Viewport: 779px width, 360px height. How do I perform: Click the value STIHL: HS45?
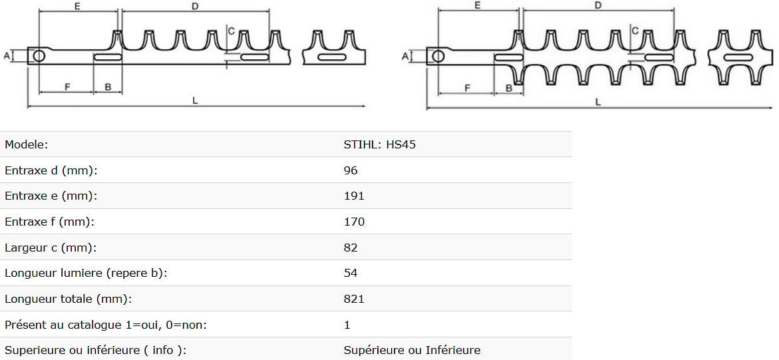380,144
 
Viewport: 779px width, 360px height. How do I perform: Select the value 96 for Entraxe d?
351,170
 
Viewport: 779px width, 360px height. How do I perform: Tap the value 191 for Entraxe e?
354,196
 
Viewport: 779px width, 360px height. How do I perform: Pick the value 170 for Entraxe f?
354,222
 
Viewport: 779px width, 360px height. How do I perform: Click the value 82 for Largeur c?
351,248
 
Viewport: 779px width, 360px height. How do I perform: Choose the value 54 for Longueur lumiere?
351,273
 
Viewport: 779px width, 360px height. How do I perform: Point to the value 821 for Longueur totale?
354,299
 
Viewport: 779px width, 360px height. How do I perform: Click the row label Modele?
27,144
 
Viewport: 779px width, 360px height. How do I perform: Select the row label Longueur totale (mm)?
68,299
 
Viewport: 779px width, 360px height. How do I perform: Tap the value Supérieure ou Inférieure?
412,351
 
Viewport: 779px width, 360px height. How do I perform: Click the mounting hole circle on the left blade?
39,56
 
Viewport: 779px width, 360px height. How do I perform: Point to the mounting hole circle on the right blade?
438,56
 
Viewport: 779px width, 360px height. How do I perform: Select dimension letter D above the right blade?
597,5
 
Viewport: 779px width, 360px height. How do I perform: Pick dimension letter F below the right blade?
467,88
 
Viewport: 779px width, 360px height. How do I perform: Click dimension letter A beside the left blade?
7,56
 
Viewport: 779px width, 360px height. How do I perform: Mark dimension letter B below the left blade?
108,87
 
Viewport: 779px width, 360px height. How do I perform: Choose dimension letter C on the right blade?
635,31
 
